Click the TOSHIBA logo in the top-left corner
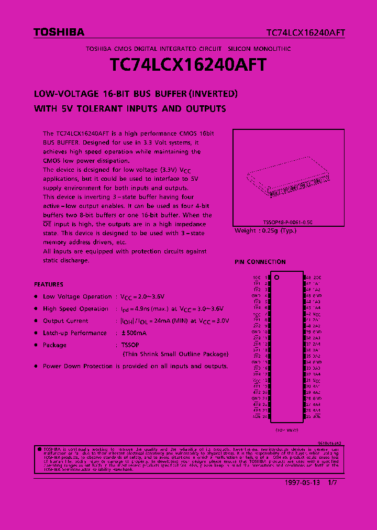pos(59,32)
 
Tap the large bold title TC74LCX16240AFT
pos(188,65)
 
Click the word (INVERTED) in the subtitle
pos(214,94)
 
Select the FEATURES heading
pos(48,284)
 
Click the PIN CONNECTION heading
pos(260,262)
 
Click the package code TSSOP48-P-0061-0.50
pos(287,223)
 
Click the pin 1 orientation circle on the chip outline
pos(276,277)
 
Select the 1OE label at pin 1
pos(257,277)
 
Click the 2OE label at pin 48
pos(317,277)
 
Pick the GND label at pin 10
pos(256,332)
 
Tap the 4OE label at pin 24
pos(257,416)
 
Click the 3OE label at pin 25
pos(317,416)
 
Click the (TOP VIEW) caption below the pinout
pos(286,429)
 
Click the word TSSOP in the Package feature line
pos(124,345)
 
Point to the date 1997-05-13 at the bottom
pos(304,483)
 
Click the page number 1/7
pos(332,483)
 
